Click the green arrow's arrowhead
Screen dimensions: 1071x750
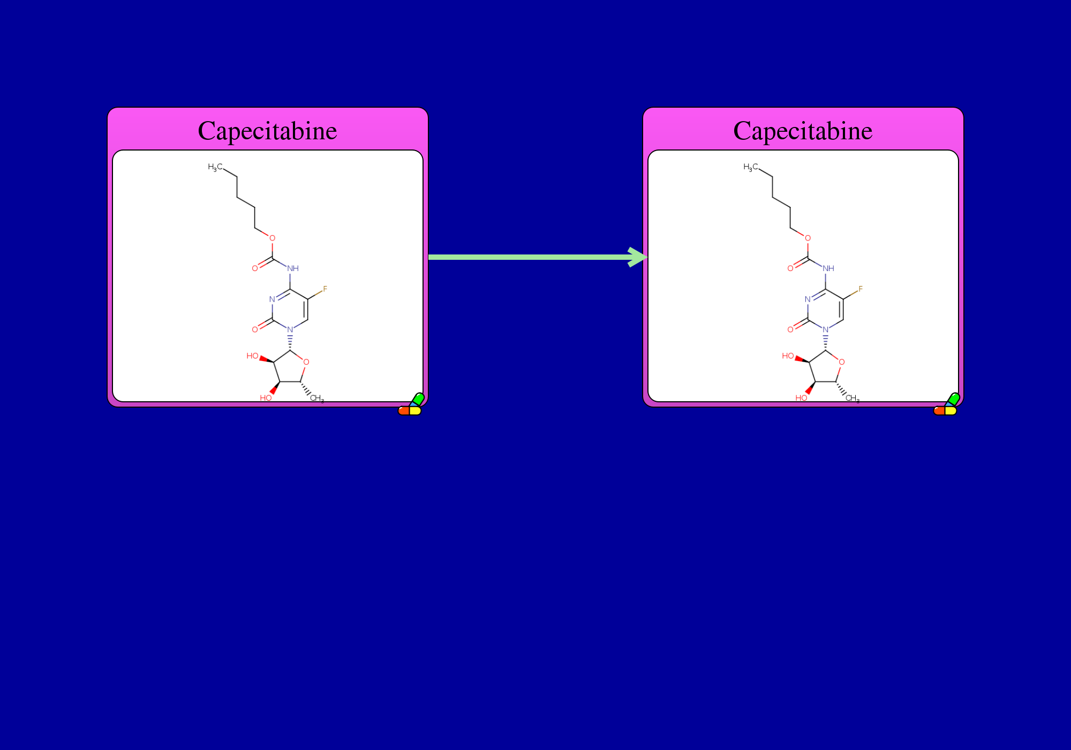[638, 257]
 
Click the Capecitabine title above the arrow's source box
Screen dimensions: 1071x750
[268, 131]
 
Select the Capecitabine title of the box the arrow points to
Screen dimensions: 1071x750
[803, 131]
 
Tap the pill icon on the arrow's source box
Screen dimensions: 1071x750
[411, 404]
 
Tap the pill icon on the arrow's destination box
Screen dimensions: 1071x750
[947, 404]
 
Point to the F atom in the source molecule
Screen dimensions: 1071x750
[325, 289]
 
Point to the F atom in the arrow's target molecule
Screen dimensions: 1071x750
[861, 289]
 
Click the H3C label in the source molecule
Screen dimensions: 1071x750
[215, 167]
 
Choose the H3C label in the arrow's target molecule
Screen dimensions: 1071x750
[751, 167]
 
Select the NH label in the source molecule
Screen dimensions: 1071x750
[293, 268]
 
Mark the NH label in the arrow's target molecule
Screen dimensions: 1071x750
[828, 268]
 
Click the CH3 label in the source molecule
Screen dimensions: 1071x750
[317, 399]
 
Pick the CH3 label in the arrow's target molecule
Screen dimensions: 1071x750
[853, 399]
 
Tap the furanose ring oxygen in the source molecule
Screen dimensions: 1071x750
[306, 362]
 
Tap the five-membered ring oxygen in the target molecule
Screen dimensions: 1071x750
[842, 362]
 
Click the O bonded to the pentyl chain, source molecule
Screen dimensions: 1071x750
[272, 238]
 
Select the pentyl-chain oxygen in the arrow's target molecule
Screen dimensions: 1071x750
[808, 238]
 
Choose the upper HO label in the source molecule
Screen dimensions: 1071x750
[252, 356]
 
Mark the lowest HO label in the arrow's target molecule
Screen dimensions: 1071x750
[801, 398]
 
